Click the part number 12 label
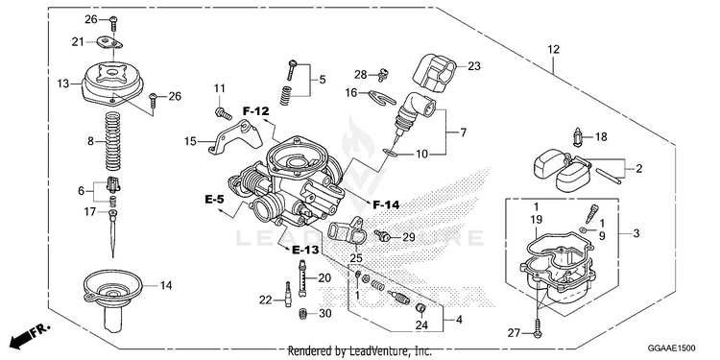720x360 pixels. pos(553,49)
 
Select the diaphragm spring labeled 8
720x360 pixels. pos(112,141)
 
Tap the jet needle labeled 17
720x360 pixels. pos(112,233)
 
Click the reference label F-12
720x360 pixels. pos(256,111)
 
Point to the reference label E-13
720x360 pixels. pos(305,250)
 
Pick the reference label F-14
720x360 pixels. pos(386,204)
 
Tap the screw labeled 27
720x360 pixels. pos(538,328)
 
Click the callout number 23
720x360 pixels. pos(474,66)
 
